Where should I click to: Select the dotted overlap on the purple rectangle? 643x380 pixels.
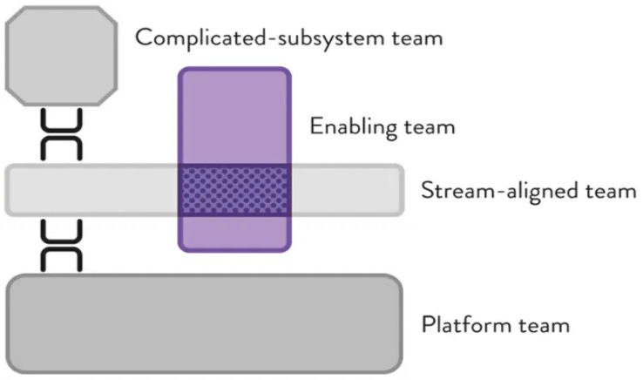[x=234, y=189]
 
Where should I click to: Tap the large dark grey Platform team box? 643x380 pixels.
[x=204, y=323]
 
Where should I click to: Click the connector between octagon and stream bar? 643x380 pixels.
[x=62, y=134]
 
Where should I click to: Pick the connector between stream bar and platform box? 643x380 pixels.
[x=62, y=245]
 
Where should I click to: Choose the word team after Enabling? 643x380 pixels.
[x=428, y=127]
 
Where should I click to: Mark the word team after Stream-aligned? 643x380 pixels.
[x=611, y=190]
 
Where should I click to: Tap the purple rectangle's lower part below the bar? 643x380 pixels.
[x=234, y=233]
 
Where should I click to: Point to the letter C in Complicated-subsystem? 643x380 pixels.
[x=144, y=38]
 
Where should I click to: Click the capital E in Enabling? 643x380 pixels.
[x=315, y=127]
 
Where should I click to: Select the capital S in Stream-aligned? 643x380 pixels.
[x=427, y=190]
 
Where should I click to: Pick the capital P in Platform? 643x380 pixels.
[x=427, y=325]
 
